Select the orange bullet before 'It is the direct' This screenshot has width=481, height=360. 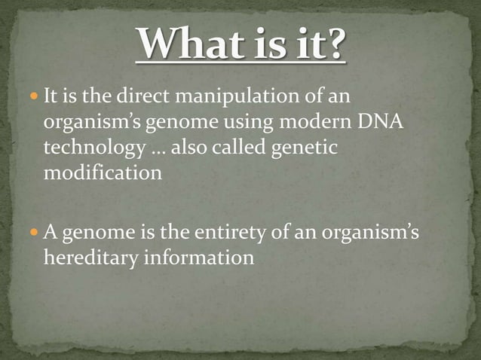35,97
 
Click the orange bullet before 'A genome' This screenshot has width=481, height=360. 35,232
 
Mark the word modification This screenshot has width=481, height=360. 103,172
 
